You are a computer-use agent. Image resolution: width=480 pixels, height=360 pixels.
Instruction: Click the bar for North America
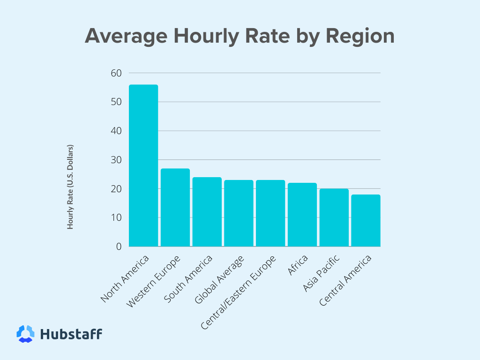pos(143,165)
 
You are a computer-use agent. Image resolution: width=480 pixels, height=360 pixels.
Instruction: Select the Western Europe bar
pos(175,207)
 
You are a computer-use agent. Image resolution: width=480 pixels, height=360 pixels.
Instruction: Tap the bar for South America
pos(207,211)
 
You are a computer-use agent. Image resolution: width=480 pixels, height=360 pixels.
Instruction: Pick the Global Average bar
pos(239,213)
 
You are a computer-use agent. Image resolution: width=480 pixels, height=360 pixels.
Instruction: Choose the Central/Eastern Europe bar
pos(270,213)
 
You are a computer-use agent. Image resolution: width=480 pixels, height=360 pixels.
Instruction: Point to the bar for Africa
pos(302,215)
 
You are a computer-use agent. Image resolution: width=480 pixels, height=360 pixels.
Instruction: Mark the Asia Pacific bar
pos(334,217)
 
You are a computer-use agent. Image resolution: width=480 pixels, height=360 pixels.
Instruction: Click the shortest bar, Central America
pos(366,220)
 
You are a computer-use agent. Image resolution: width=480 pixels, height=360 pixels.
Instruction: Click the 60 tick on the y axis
pos(116,73)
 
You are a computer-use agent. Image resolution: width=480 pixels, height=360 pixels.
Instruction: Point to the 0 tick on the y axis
pos(119,247)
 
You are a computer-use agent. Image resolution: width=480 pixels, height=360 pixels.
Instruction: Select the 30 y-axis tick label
pos(116,160)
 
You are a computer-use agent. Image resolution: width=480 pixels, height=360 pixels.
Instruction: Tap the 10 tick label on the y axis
pos(116,217)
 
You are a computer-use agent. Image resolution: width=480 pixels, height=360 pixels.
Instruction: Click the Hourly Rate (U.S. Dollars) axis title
pos(70,187)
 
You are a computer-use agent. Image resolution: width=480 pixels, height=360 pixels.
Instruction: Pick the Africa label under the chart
pos(298,266)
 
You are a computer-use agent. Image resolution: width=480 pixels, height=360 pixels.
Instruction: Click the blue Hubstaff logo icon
pos(25,334)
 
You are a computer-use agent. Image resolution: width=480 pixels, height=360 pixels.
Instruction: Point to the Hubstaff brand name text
pos(71,334)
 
